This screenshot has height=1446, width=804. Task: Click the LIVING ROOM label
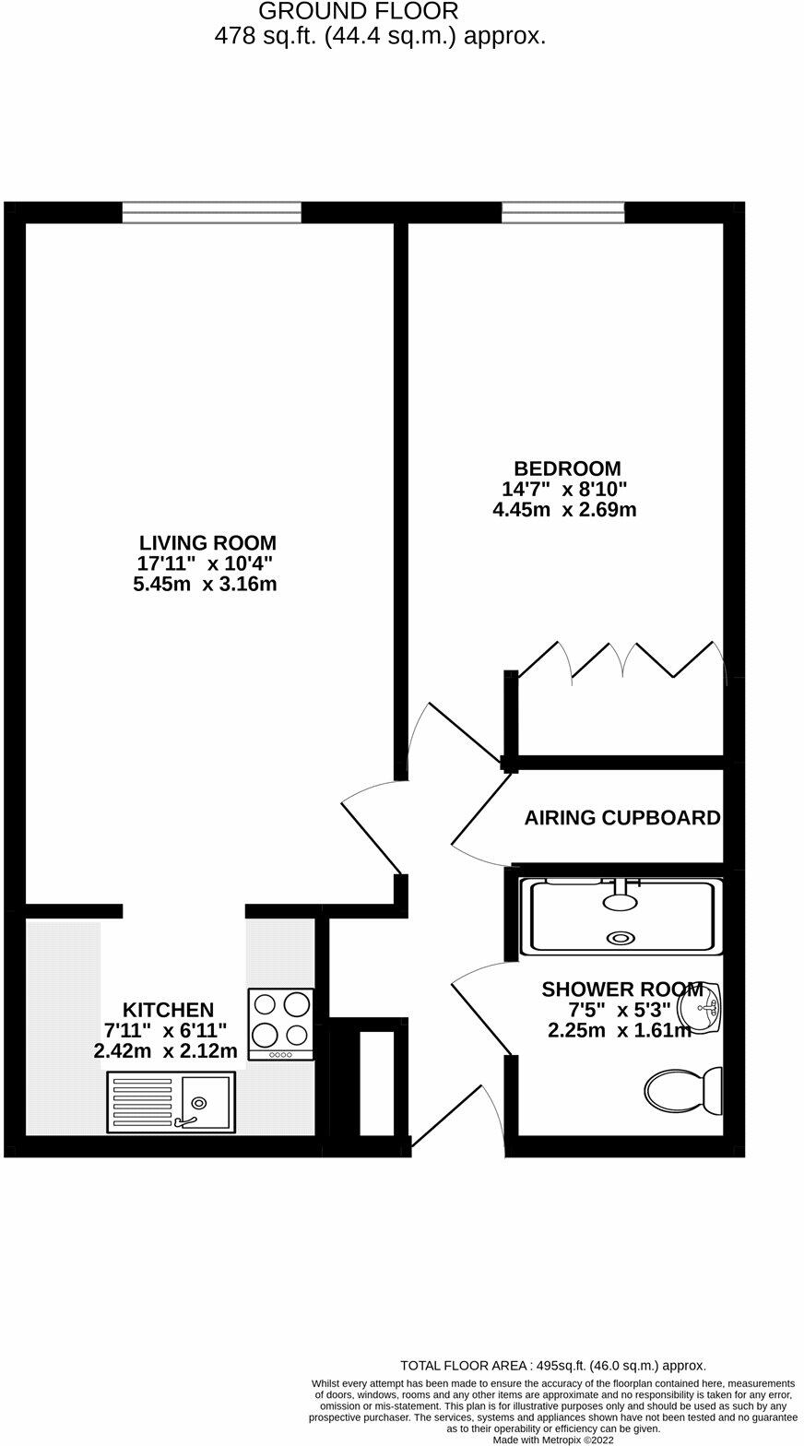click(207, 543)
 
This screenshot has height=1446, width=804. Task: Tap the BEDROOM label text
click(567, 468)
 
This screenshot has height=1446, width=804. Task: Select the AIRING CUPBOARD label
click(622, 818)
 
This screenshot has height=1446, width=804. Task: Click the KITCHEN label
click(168, 1010)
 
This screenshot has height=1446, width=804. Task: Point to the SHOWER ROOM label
click(621, 990)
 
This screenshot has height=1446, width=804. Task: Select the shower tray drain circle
click(621, 938)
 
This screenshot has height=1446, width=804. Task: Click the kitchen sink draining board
click(142, 1101)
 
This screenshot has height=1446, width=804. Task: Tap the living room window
click(212, 213)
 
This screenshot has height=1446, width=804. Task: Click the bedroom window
click(562, 213)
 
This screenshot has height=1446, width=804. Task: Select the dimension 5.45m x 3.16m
click(205, 584)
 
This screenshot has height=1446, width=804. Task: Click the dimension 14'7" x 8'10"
click(564, 489)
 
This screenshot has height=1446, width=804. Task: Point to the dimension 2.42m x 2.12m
click(166, 1050)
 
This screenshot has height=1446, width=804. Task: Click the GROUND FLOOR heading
click(358, 12)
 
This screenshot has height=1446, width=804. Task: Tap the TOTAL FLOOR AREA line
click(553, 1365)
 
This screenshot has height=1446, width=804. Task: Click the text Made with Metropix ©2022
click(553, 1439)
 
